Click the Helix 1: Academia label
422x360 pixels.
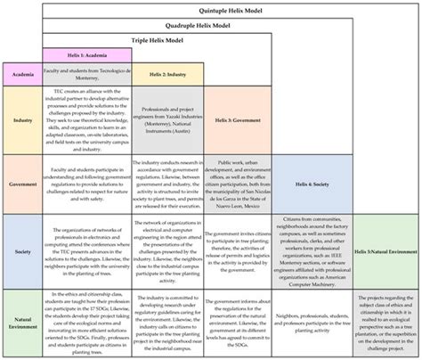(x=85, y=55)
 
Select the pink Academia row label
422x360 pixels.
(x=23, y=75)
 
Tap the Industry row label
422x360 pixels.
(x=23, y=119)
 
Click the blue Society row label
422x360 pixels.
(x=23, y=252)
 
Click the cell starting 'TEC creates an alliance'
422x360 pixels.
(x=85, y=119)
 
